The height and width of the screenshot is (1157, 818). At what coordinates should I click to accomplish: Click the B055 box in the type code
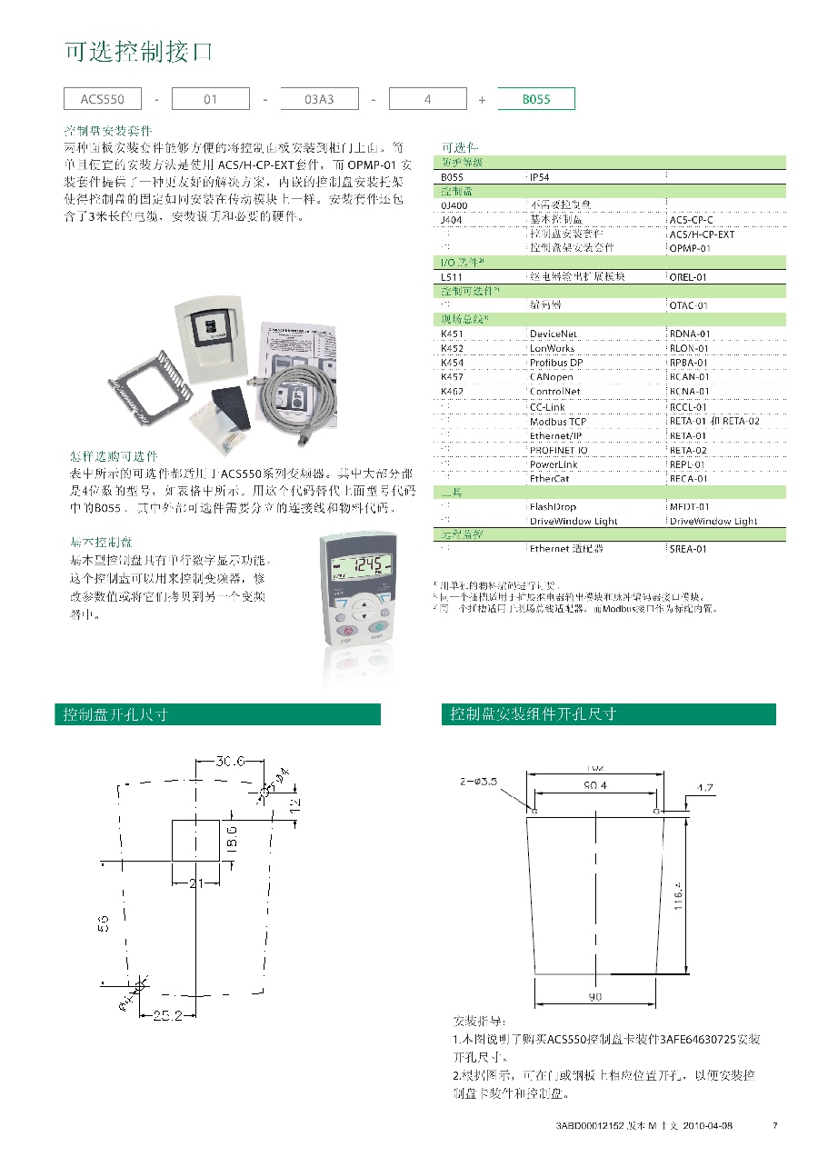point(536,99)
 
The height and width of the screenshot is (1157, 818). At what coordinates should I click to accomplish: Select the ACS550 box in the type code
point(102,99)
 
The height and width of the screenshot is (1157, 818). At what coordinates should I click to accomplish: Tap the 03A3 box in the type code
point(319,99)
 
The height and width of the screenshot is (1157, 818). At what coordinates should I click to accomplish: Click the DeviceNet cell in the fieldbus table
point(554,334)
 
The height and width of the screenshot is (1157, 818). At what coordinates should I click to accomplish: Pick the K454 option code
point(452,363)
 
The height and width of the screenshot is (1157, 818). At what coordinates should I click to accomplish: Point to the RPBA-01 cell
point(689,363)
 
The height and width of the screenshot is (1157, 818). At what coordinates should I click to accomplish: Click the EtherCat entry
point(550,478)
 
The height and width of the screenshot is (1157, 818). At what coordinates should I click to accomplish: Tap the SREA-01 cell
point(688,549)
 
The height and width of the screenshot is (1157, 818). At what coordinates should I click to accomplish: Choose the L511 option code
point(451,277)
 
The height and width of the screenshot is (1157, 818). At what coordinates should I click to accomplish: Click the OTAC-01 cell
point(688,306)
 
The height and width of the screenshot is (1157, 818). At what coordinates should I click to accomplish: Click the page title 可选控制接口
point(137,53)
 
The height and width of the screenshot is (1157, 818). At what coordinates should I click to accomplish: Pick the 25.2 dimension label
point(166,1015)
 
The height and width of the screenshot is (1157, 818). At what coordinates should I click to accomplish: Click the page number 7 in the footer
point(774,1126)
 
